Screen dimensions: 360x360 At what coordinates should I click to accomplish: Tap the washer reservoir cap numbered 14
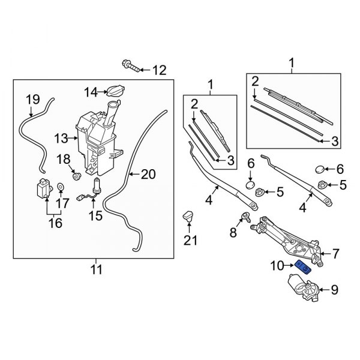pos(113,91)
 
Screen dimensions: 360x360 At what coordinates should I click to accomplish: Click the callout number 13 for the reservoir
pos(62,139)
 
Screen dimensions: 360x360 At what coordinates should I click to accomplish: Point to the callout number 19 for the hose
pos(32,98)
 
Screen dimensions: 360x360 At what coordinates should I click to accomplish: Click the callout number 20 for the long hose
pos(148,175)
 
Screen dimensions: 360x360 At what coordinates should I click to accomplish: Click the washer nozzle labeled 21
pos(187,216)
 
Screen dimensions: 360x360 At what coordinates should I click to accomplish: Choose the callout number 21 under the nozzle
pos(190,241)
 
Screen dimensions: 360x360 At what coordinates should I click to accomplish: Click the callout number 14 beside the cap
pos(90,92)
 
